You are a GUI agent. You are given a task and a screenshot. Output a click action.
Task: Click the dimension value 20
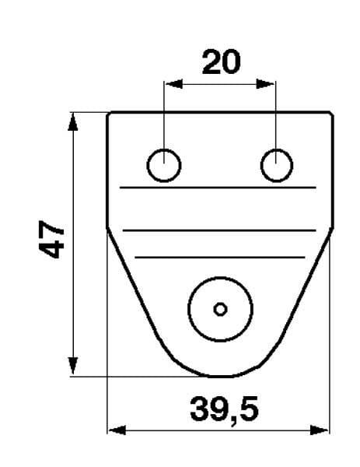click(x=221, y=62)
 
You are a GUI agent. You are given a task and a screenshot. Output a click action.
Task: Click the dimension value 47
click(x=51, y=239)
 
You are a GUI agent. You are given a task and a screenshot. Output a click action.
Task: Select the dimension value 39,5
click(x=224, y=409)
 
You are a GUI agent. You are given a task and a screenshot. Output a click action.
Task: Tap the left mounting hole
click(x=164, y=165)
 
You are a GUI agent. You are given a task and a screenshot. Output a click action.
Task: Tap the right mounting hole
click(x=277, y=165)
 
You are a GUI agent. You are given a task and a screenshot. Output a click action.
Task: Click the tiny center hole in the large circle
click(x=221, y=310)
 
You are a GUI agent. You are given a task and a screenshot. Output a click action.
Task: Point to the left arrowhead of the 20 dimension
click(x=173, y=84)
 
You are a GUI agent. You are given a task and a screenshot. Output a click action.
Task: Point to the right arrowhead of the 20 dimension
click(x=265, y=84)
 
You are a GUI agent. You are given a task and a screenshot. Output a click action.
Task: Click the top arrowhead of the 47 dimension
click(x=73, y=122)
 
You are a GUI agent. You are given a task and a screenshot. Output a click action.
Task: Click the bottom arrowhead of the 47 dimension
click(x=73, y=366)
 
